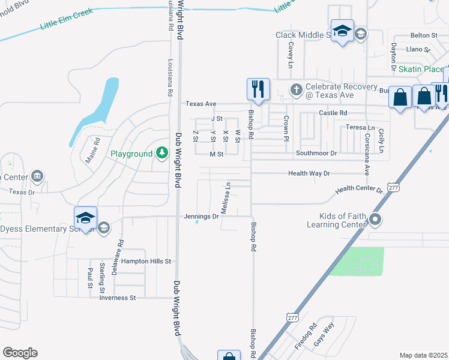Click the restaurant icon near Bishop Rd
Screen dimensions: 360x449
tap(258, 89)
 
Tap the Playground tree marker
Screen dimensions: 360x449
tap(161, 154)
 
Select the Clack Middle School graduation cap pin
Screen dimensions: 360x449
tap(342, 31)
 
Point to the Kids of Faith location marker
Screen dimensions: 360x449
tap(376, 220)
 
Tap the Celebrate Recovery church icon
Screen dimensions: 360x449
tap(295, 91)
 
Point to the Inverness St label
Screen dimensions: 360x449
tap(118, 298)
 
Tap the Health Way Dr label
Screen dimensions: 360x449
tap(309, 173)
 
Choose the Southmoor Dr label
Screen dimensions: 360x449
tap(316, 154)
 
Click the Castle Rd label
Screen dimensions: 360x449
tap(333, 113)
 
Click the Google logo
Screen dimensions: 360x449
tap(20, 353)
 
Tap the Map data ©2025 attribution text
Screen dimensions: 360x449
tap(423, 355)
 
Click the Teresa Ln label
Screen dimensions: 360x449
tap(360, 127)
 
